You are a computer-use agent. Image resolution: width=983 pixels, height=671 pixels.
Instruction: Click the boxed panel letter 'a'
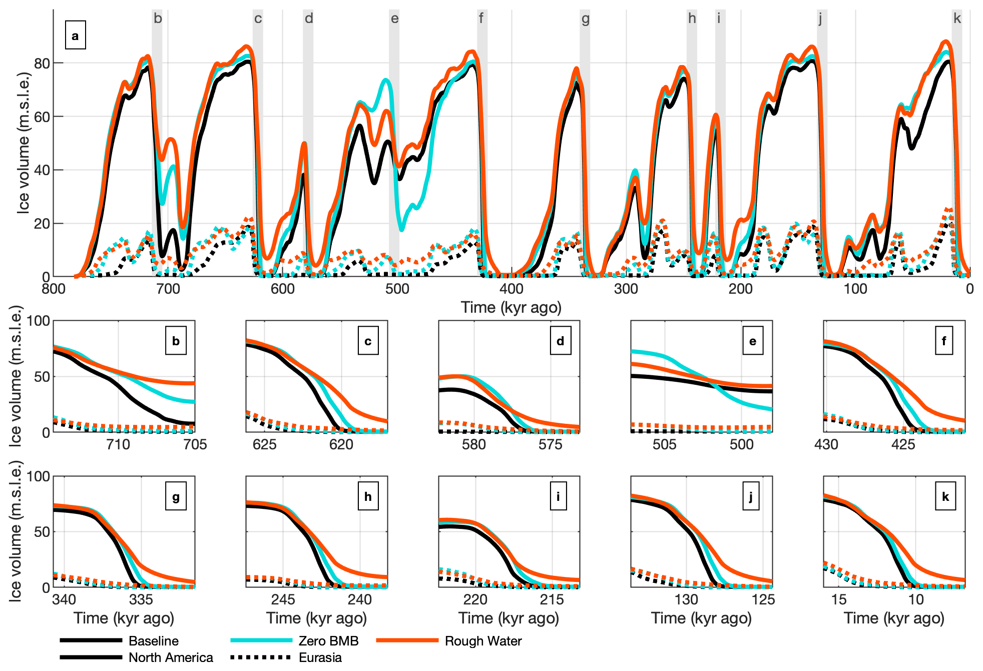point(75,36)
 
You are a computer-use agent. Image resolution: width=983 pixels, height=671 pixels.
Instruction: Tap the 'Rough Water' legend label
point(483,641)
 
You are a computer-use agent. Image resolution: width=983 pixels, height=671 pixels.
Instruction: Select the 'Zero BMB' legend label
point(328,641)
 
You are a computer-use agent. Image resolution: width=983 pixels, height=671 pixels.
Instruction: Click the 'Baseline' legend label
point(153,641)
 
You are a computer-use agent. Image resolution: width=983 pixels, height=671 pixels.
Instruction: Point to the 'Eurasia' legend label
point(320,657)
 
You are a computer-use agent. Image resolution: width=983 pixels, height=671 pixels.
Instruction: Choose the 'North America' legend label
point(171,657)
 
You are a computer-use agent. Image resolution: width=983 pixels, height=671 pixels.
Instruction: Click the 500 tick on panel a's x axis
point(397,289)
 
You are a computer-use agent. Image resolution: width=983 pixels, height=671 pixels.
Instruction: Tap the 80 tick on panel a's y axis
point(42,64)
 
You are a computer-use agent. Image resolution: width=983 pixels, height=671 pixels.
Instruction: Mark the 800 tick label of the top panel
point(53,289)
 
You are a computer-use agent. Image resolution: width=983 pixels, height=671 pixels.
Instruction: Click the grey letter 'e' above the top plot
point(394,19)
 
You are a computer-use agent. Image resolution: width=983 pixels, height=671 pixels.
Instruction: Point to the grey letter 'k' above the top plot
point(957,19)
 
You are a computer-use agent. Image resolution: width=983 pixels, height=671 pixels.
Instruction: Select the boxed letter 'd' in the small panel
point(560,341)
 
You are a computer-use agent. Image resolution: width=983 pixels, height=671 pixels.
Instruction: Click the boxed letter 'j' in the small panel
point(750,496)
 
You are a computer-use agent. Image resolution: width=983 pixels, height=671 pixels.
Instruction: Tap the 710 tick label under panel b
point(118,444)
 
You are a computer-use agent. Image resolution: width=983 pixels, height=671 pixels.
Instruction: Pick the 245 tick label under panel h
point(283,599)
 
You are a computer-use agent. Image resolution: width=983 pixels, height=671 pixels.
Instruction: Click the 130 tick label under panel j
point(686,599)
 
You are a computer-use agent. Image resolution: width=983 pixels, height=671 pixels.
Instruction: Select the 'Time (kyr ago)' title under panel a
point(511,307)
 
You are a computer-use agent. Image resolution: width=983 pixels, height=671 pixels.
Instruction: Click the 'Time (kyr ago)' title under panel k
point(894,618)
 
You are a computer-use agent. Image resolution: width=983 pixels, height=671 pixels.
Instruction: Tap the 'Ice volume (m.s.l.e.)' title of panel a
point(23,143)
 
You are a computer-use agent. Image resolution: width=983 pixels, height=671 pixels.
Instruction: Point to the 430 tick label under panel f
point(826,444)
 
